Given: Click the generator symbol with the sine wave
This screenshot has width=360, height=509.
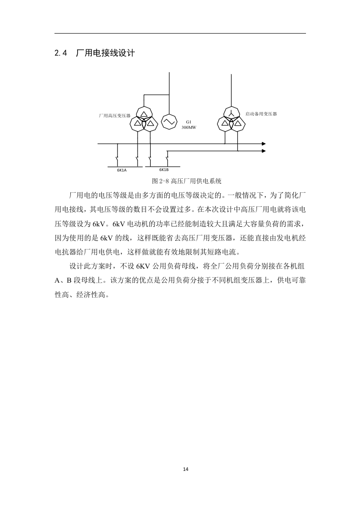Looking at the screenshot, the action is point(169,122).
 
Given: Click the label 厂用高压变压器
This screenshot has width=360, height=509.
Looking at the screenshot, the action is point(115,116).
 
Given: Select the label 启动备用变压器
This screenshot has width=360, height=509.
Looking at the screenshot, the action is point(261,114).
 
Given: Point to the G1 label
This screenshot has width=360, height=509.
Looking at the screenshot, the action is point(188,122).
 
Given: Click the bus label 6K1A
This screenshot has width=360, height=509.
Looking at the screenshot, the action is point(122,170).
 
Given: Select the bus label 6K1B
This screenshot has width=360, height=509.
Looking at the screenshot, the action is point(164,170).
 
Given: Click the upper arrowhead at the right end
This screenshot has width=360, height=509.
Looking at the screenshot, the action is point(264,144).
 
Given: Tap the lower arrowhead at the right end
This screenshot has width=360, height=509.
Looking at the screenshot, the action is point(264,151).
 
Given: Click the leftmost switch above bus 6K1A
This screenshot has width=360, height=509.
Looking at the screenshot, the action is point(117,160).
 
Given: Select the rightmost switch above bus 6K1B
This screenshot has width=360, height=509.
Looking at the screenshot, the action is point(167,160).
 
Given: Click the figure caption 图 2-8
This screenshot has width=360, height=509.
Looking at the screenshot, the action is point(159,181).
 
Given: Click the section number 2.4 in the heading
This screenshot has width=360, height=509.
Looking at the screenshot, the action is point(61,53).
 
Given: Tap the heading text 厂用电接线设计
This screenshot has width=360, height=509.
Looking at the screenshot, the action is point(105,53).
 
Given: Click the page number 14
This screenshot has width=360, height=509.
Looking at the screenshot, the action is point(186,469).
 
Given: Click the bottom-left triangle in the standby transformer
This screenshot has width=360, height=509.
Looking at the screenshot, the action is point(224,123).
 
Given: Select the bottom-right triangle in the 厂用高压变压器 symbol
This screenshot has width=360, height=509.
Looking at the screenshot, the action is point(151,123).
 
